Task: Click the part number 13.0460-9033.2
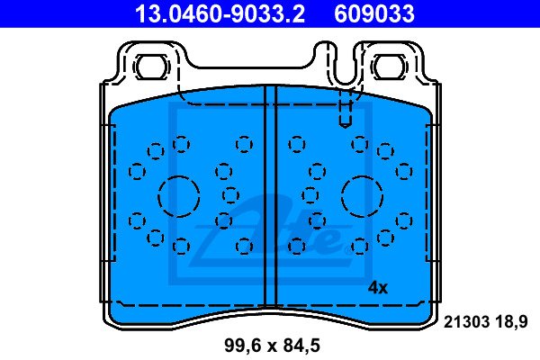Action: [220, 13]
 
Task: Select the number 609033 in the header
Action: [374, 13]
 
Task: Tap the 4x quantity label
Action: [378, 287]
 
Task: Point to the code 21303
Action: [466, 322]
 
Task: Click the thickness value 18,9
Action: [511, 323]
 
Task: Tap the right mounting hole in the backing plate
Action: [389, 67]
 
